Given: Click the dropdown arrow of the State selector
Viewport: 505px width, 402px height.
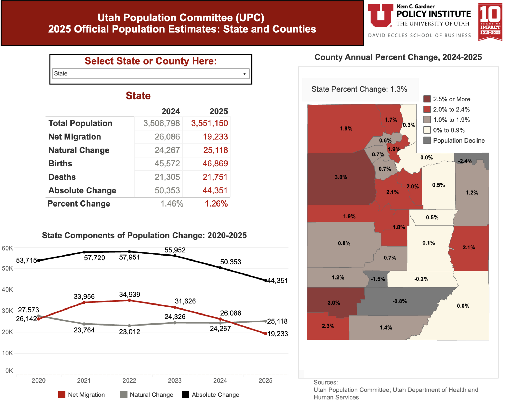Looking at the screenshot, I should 244,74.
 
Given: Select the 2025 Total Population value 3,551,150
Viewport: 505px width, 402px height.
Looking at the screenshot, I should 209,123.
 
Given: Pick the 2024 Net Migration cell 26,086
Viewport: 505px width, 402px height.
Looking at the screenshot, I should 167,137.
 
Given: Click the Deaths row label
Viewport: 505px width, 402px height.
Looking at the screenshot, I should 62,177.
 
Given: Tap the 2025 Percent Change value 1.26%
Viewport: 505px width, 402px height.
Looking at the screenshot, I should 216,204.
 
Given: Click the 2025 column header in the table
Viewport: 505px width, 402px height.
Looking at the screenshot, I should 218,111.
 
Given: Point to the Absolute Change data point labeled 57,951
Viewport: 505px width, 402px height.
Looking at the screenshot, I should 129,252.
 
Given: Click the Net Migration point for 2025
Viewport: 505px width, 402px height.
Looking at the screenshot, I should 265,334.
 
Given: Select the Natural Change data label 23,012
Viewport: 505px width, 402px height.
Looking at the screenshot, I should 129,332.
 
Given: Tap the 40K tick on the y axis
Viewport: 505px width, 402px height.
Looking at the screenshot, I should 7,290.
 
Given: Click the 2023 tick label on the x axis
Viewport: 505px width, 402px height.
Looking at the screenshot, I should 175,380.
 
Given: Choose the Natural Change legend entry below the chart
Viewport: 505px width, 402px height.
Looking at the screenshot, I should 147,395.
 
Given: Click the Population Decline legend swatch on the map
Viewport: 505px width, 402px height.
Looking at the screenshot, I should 427,140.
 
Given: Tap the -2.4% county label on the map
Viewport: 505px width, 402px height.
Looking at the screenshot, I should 465,161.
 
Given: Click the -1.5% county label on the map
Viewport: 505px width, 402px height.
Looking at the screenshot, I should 378,279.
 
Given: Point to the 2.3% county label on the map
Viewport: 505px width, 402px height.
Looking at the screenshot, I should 328,326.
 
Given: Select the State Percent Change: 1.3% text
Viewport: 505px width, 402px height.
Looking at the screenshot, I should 359,89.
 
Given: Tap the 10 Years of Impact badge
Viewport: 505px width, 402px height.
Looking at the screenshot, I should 490,22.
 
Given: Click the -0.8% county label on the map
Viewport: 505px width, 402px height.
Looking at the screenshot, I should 400,301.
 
